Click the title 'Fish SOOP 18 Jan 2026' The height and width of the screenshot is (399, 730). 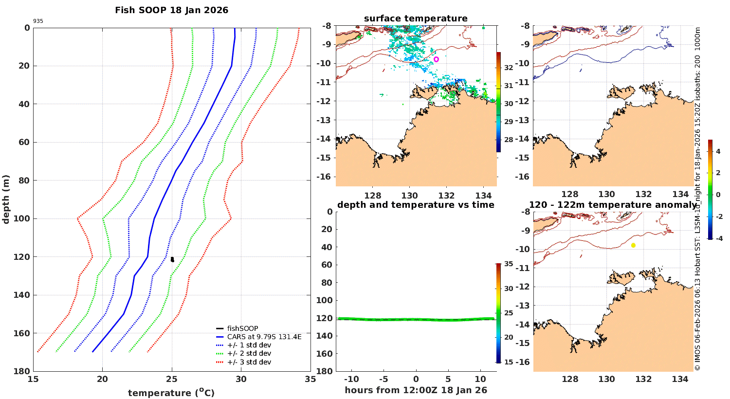[x=171, y=10]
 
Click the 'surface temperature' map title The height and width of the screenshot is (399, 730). [x=416, y=18]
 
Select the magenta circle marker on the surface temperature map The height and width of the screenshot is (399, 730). [x=436, y=59]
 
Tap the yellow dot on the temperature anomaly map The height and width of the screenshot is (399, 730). [x=633, y=245]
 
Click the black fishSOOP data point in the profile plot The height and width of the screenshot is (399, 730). [x=172, y=259]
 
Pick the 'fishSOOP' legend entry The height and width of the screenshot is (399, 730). [x=242, y=328]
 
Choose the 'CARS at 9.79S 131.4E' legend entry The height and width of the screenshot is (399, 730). [x=264, y=337]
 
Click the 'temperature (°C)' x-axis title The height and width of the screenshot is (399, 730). [x=171, y=393]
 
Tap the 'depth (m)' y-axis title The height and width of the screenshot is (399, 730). [x=6, y=199]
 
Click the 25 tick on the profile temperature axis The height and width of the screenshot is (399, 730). [x=171, y=380]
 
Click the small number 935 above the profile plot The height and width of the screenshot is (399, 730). [x=38, y=21]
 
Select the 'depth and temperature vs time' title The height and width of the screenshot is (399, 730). [x=416, y=205]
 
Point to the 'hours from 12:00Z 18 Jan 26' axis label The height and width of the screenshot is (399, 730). [x=416, y=390]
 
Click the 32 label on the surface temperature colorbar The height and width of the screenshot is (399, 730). [x=509, y=68]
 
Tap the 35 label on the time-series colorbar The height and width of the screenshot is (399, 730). [x=509, y=264]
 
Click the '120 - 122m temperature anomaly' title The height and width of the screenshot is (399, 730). [x=613, y=205]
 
